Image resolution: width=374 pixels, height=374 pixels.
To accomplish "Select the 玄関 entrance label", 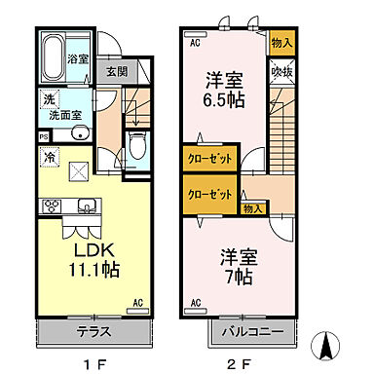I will [115, 71].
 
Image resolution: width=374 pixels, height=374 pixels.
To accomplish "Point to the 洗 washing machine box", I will [48, 99].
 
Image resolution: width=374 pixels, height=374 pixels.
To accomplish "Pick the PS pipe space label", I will [45, 136].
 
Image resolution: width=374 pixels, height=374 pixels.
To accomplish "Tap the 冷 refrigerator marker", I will [48, 155].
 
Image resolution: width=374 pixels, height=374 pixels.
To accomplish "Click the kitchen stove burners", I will [52, 205].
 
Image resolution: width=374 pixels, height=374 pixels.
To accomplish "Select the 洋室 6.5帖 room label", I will [223, 90].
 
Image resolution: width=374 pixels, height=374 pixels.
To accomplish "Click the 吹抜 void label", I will [281, 71].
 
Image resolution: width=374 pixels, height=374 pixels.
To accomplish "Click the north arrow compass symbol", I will [328, 344].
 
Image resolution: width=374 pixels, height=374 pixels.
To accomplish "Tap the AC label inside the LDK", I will [138, 302].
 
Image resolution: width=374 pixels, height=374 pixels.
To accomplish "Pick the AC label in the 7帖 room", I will [195, 304].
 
